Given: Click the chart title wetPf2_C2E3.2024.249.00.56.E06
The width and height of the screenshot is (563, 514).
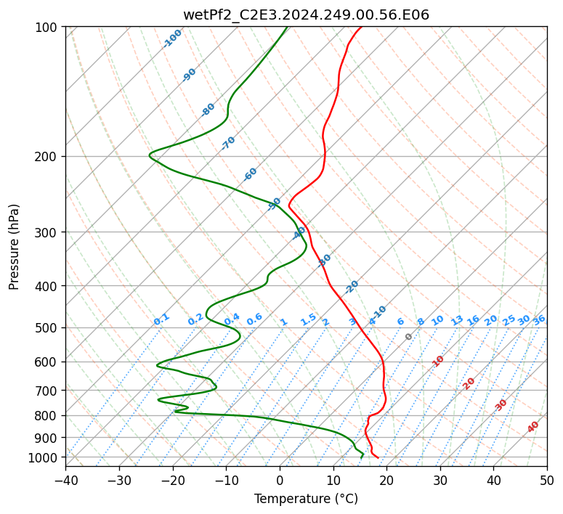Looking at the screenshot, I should coord(306,15).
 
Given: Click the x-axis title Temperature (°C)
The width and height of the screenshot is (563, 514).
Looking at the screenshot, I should coord(306,499).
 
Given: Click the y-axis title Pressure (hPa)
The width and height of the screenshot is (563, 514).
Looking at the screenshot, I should coord(14,247).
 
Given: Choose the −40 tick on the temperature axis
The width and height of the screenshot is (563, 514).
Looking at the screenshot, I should coord(65,480).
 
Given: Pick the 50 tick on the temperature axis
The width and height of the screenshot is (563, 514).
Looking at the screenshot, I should coord(547,480).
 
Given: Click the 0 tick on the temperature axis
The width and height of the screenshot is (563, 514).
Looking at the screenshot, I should coord(280,480).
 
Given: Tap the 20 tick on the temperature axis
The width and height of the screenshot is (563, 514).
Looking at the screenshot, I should coord(386,480).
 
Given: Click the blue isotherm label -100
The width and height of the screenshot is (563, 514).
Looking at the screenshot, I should coord(173,38).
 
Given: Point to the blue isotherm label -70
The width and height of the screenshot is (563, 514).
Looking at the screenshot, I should coord(228,143).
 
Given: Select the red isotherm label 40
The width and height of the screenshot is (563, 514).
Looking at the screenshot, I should coord(533,427).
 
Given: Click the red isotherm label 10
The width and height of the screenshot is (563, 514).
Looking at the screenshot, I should coord(438,361).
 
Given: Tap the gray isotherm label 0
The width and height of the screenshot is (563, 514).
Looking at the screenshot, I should coord(409,337).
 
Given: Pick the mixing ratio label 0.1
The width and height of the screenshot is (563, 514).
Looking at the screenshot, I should coord(161,319).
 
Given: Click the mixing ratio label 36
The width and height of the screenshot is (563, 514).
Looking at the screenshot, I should coord(539,319).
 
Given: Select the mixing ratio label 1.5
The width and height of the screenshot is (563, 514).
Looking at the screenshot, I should coord(308,319).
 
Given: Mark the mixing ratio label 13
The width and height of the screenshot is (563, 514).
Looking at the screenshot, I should coord(457,320).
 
